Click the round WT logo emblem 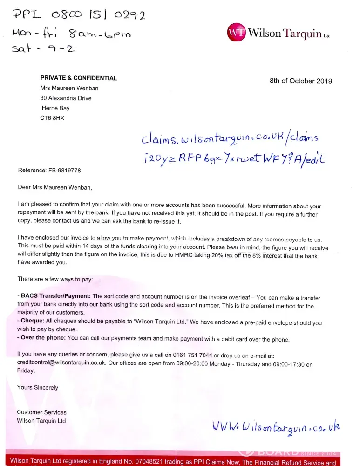point(236,32)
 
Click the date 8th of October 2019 point(301,81)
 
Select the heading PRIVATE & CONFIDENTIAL point(79,78)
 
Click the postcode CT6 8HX point(53,118)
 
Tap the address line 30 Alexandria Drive point(66,98)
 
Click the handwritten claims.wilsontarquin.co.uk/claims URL point(230,138)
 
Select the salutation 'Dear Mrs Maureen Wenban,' point(55,188)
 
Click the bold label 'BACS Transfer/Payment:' point(56,296)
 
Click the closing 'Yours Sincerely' point(38,387)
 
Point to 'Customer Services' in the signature point(42,412)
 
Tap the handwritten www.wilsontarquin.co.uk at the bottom point(277,426)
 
